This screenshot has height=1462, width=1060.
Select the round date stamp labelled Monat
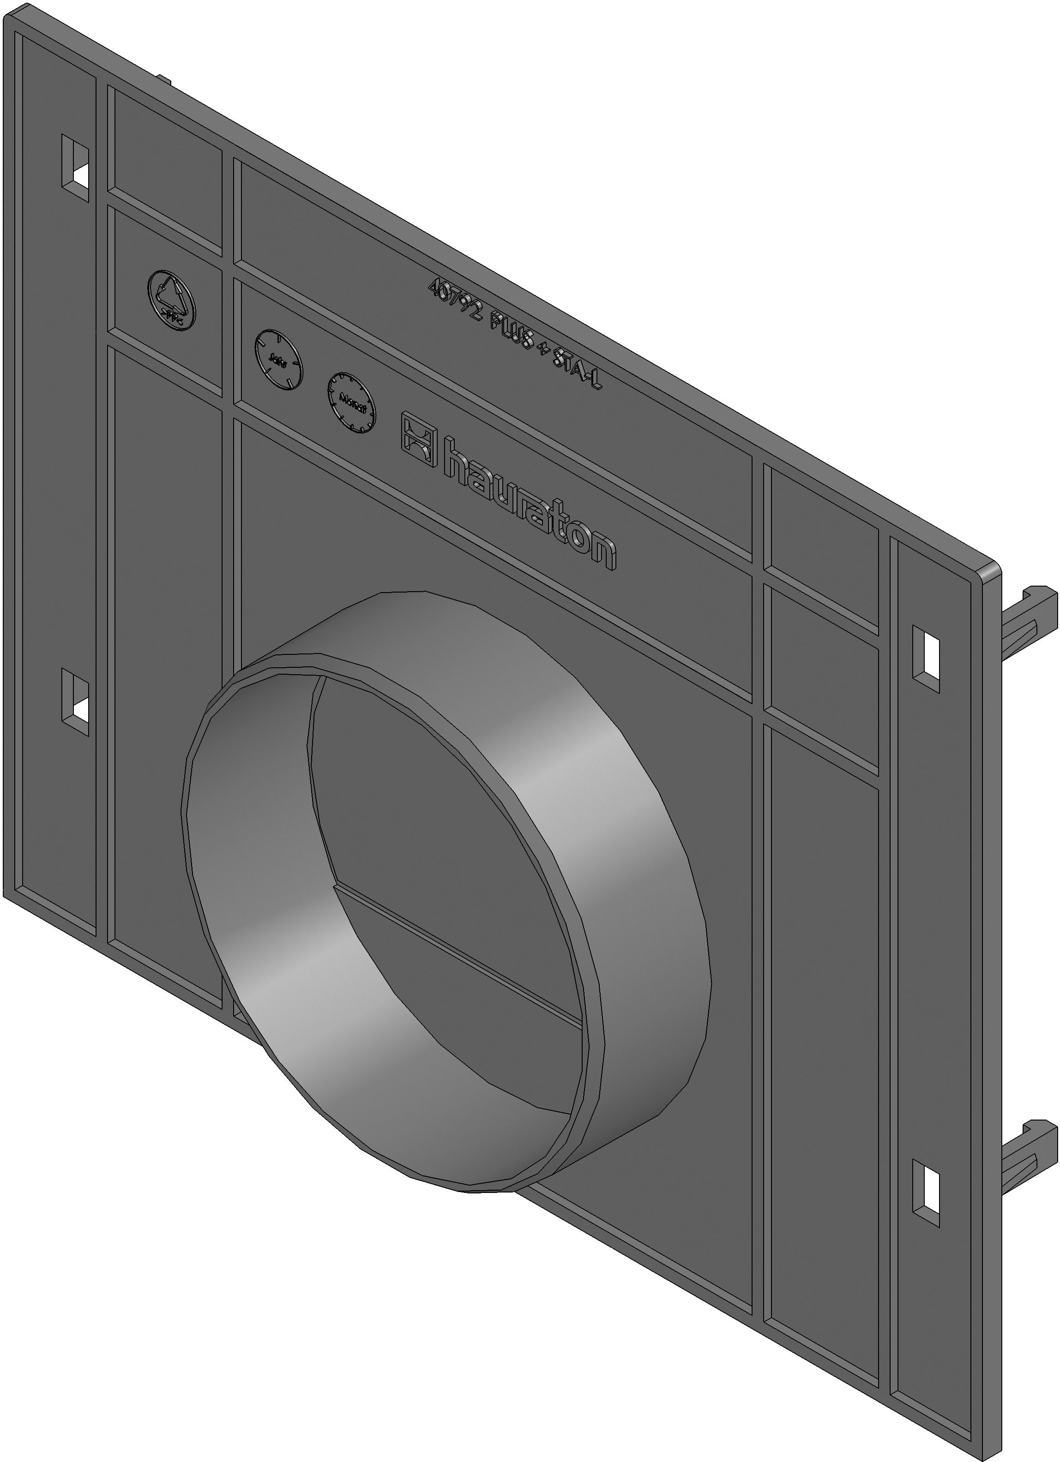click(x=351, y=402)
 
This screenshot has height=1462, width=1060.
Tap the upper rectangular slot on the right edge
click(x=925, y=658)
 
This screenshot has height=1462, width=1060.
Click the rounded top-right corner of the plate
click(x=993, y=570)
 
